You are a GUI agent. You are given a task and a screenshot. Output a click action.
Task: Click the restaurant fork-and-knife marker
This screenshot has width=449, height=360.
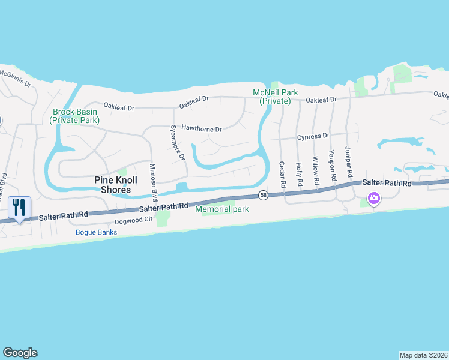19,208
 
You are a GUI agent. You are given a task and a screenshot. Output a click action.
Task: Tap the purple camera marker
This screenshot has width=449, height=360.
374,198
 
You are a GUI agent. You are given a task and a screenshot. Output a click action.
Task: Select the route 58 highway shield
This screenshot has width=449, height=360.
263,195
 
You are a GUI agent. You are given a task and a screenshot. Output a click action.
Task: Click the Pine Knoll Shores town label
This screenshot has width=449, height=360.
113,185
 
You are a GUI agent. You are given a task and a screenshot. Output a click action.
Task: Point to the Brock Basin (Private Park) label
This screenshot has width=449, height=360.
75,116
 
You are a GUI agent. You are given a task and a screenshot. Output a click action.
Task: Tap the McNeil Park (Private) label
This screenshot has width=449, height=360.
274,97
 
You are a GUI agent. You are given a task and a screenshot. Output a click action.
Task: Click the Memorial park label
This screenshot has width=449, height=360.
221,209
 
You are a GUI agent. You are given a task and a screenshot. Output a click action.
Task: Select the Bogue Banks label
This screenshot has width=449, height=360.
95,232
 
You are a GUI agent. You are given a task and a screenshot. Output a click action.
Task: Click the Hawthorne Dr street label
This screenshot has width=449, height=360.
202,128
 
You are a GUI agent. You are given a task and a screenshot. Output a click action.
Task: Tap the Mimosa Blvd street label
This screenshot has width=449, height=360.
152,178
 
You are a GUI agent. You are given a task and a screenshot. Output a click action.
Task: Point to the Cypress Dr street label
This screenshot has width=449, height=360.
313,136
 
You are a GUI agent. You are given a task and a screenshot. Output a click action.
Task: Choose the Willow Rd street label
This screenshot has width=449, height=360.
315,170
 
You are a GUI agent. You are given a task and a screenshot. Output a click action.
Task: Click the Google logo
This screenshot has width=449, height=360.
20,353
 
